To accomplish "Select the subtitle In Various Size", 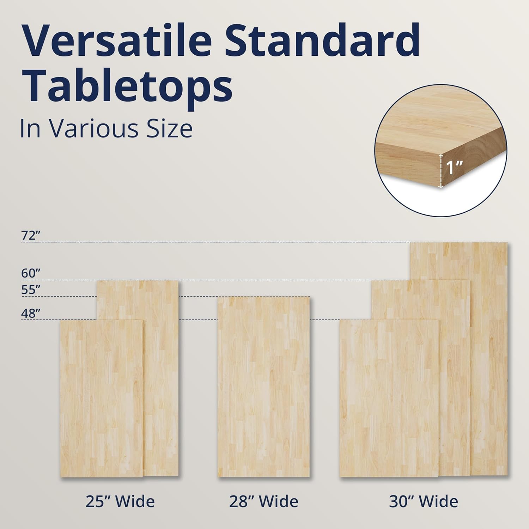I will click(x=106, y=129).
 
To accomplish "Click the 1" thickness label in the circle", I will click(x=454, y=168).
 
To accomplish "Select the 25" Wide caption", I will click(x=120, y=501).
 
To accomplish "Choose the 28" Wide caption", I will click(x=264, y=501).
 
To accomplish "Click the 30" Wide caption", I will click(x=424, y=501).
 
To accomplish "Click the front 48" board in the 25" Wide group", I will click(x=102, y=399).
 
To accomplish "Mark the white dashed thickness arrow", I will click(x=440, y=171).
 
